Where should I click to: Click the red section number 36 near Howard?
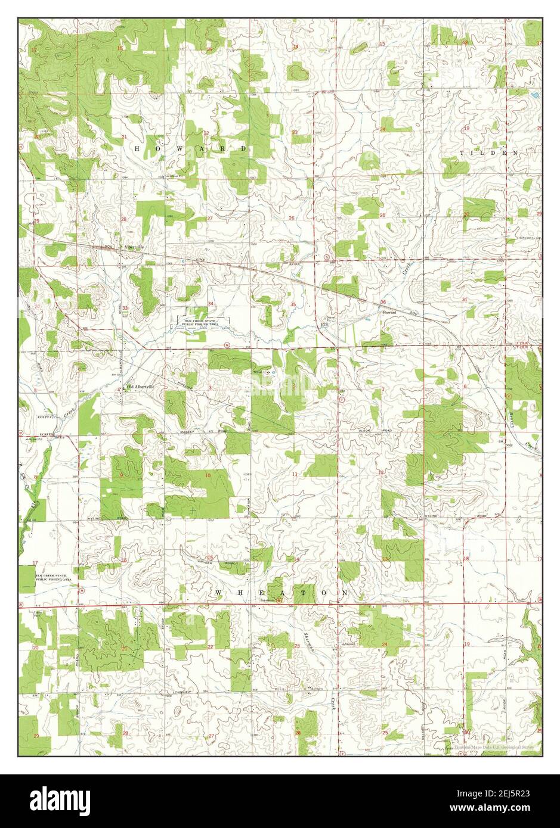click(x=382, y=302)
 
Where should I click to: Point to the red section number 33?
click(x=125, y=308)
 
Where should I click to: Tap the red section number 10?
click(x=208, y=475)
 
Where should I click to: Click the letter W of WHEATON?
click(x=218, y=593)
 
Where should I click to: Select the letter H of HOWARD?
click(x=137, y=148)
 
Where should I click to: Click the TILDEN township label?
click(x=489, y=152)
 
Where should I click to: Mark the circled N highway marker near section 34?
click(x=227, y=345)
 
